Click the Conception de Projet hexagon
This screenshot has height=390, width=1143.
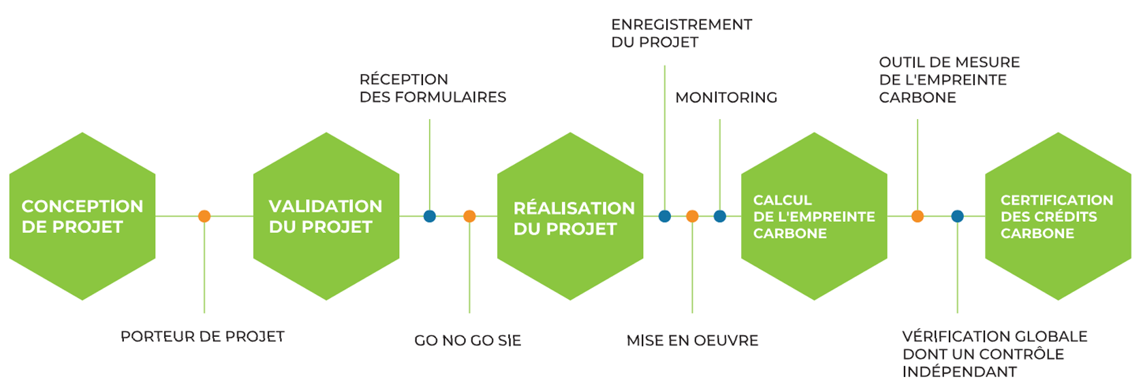pos(82,216)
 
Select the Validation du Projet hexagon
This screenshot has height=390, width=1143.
pos(326,216)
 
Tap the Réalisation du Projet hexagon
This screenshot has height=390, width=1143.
pos(570,216)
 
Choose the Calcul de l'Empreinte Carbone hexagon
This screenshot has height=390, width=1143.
pos(814,216)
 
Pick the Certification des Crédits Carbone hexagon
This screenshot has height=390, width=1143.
pos(1058,216)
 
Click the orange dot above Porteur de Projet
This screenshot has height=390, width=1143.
pos(204,216)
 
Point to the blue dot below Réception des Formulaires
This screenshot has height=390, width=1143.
pos(430,216)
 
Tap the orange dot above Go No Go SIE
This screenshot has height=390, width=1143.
pos(469,216)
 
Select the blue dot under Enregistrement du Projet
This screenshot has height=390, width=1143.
pos(665,216)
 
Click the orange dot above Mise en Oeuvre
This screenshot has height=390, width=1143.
pos(692,216)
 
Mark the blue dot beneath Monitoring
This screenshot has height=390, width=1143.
pos(720,216)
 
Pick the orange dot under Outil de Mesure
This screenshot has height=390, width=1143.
pos(918,216)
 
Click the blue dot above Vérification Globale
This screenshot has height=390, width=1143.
pos(957,216)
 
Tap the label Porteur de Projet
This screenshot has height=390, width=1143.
pos(202,336)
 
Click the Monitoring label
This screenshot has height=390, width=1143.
pos(726,98)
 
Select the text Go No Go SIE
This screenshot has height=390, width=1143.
pos(467,340)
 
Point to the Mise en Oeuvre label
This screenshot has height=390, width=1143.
pos(692,340)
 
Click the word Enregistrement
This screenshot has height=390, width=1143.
pos(681,25)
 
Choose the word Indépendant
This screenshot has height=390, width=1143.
pos(959,372)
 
